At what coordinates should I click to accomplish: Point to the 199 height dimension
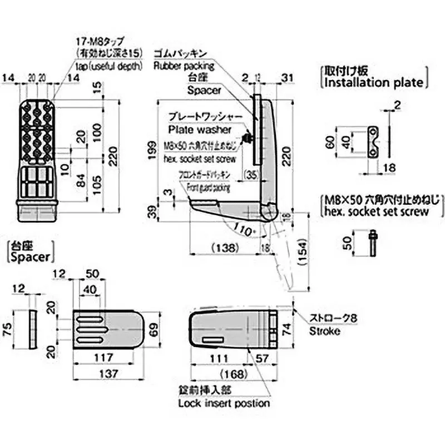pyautogui.click(x=152, y=151)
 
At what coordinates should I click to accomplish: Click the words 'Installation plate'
pyautogui.click(x=373, y=83)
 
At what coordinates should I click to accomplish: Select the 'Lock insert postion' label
pyautogui.click(x=224, y=403)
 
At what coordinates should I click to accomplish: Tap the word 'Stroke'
pyautogui.click(x=324, y=331)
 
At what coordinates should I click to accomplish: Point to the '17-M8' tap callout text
pyautogui.click(x=100, y=42)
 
